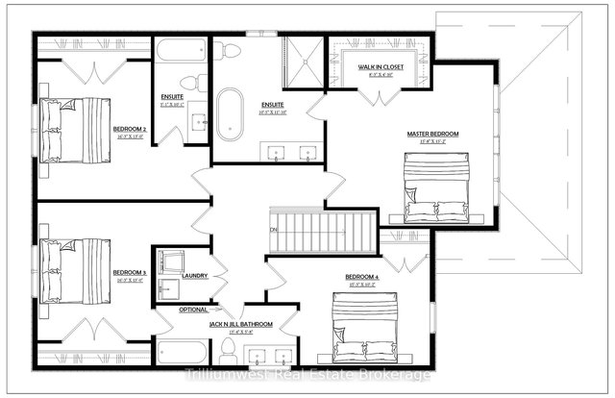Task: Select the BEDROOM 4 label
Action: point(362,279)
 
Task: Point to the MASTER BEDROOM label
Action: point(431,134)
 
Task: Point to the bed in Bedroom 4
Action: point(366,326)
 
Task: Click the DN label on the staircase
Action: point(274,231)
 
